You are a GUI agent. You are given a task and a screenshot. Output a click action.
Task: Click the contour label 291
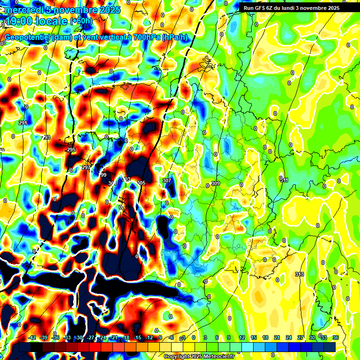(22, 123)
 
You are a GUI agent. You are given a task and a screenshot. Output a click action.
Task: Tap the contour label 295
(71, 150)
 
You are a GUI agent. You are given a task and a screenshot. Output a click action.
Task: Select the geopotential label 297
(86, 167)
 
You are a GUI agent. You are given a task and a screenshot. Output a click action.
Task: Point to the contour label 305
(141, 183)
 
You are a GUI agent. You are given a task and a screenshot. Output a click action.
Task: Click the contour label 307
(167, 180)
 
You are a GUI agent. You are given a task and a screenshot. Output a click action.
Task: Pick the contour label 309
(216, 183)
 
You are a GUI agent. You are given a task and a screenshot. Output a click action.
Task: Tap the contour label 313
(300, 274)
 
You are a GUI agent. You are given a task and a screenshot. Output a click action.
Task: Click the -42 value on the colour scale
(32, 338)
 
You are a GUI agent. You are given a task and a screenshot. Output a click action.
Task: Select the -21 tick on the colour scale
(114, 338)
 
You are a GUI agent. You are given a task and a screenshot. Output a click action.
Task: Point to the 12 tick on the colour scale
(241, 338)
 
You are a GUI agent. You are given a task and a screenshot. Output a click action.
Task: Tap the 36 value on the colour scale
(336, 338)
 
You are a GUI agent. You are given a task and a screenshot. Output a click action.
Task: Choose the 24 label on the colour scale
(289, 338)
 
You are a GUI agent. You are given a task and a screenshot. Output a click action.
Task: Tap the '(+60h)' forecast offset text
(81, 21)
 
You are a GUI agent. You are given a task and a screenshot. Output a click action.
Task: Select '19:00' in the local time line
(17, 21)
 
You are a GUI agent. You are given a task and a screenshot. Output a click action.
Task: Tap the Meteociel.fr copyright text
(199, 356)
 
